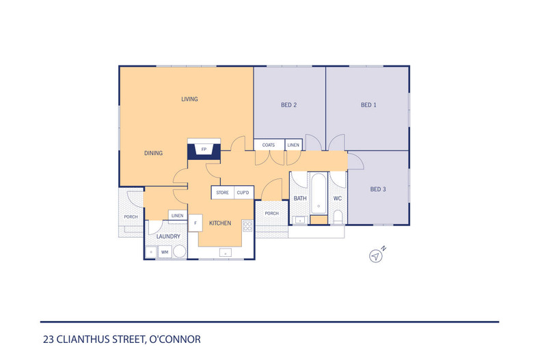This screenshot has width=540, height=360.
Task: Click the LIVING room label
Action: (189, 99)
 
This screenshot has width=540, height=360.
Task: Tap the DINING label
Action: (153, 153)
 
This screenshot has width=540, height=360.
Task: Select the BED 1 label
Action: (368, 105)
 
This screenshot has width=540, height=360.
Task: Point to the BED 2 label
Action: (288, 105)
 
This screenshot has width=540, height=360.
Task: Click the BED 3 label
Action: (378, 189)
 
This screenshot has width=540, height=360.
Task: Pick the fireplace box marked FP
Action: (204, 149)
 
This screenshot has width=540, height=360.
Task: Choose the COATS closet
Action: (269, 145)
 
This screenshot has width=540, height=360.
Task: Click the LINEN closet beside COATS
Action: (293, 145)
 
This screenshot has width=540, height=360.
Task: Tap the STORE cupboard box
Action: (223, 193)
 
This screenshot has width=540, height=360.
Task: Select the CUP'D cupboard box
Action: (243, 193)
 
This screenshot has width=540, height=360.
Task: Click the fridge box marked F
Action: (196, 223)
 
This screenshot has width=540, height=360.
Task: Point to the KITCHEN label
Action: (220, 223)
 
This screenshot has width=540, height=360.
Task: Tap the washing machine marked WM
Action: (164, 252)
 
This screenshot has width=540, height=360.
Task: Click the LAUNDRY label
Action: (168, 236)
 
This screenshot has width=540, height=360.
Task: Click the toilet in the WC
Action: (338, 218)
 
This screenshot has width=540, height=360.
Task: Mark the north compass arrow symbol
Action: (375, 255)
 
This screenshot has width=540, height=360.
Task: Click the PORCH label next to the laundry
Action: (131, 217)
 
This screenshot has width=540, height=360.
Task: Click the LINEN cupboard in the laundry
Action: (177, 216)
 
